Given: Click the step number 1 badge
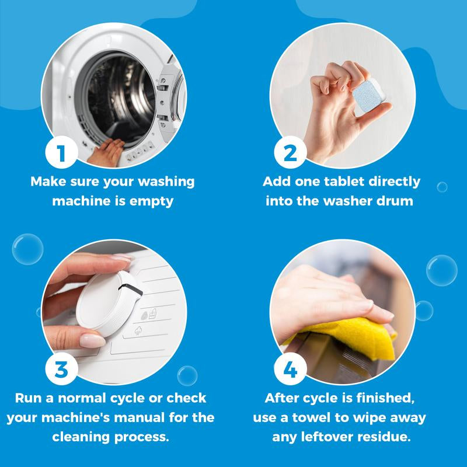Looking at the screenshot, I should pos(61,153).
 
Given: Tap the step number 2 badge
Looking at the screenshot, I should pos(290,153).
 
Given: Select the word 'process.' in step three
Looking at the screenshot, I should pos(147,437).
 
